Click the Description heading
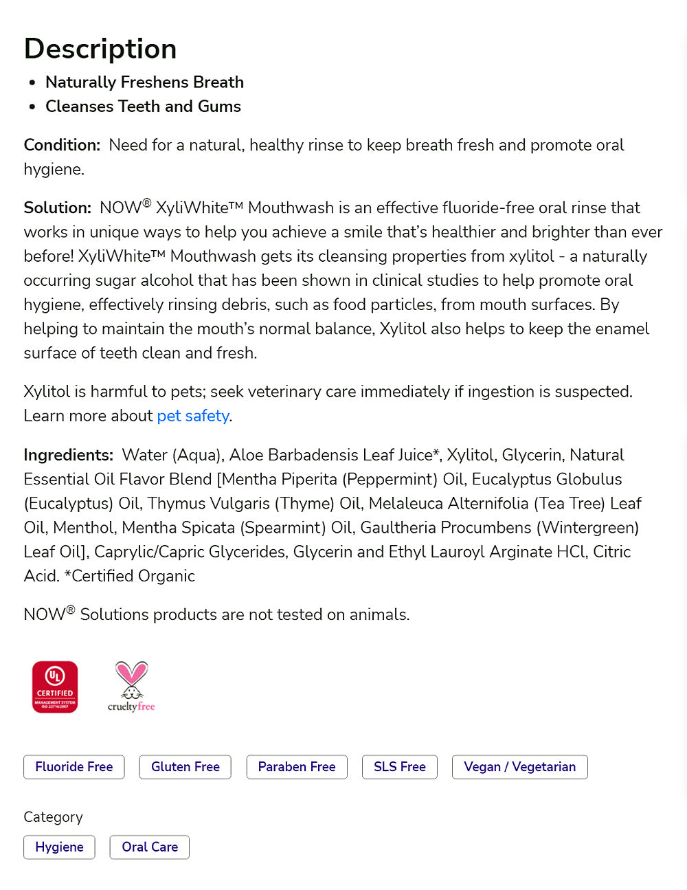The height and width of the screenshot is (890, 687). pos(100,49)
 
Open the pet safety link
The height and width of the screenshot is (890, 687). pos(192,416)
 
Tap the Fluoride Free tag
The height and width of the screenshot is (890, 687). pos(74,767)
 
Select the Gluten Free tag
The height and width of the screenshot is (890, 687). pos(185,767)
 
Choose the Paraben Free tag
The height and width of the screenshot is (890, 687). pos(297,767)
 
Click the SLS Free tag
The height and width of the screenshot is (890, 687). pos(400,767)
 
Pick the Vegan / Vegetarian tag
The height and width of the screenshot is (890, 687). pos(519,767)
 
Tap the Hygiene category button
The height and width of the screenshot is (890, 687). pos(60,847)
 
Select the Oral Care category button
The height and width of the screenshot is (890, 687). pos(150,847)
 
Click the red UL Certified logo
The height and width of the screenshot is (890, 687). pos(55,687)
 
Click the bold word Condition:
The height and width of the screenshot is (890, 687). pos(62,145)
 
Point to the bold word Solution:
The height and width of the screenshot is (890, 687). pos(57,208)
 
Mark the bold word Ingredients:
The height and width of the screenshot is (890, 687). pos(68,455)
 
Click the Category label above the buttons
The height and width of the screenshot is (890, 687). pos(53,817)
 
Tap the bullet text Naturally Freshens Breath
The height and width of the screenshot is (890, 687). pos(144,82)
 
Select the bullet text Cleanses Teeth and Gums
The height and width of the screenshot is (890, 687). pos(143,107)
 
